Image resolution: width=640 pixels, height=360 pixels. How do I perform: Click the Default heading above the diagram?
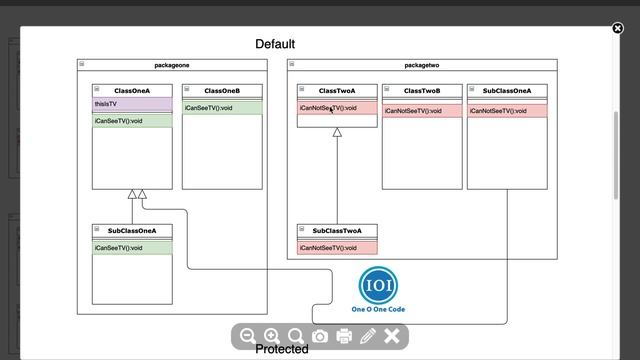coord(275,44)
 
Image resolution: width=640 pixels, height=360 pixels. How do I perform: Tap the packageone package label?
coord(172,65)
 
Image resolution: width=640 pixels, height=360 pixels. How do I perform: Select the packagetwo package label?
coord(421,65)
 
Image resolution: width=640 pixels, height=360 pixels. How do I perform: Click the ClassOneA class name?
coord(132,91)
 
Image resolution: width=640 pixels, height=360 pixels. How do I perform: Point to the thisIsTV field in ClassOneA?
coord(106,103)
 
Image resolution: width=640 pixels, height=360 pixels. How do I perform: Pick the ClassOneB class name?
coord(222,91)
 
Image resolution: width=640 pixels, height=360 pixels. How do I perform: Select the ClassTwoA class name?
coord(337,91)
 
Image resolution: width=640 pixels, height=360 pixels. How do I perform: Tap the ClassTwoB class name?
coord(422,91)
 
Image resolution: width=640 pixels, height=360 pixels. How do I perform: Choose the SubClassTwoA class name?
coord(337,231)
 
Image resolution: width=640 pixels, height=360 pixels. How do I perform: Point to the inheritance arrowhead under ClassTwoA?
coord(337,133)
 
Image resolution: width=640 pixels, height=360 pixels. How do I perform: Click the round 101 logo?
coord(378,285)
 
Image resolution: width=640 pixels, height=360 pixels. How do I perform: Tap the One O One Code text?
coord(378,310)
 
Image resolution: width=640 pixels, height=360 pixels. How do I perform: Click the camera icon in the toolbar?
coord(320,337)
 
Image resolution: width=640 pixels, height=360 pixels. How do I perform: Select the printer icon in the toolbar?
coord(344,337)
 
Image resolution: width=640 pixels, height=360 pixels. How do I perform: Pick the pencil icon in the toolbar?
coord(368,337)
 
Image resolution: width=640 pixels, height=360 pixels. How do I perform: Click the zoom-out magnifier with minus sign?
coord(248,337)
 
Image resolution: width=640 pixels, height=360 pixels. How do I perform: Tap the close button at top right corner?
coord(617,28)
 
